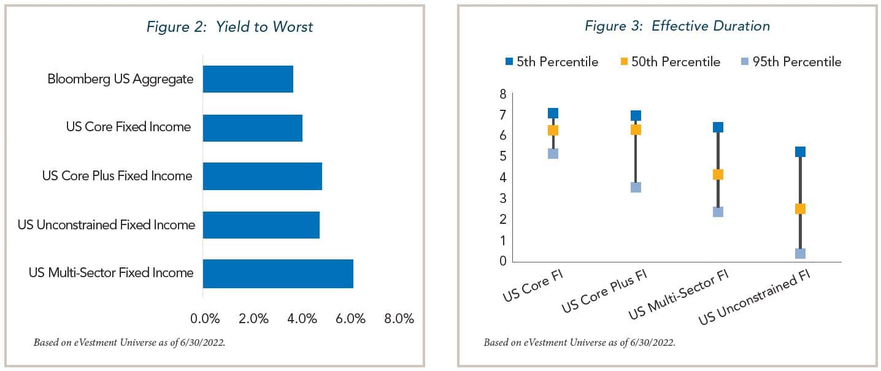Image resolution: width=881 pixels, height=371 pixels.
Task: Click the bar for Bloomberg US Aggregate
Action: pos(248,79)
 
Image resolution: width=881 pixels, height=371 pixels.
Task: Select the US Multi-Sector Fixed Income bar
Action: pos(278,273)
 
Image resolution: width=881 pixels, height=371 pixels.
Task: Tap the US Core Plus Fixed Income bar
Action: pos(262,176)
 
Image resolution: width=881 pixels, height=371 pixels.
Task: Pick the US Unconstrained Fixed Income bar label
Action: pos(106,225)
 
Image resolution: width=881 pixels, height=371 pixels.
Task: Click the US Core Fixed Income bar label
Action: pos(129,127)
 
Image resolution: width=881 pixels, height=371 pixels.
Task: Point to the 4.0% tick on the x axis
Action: pos(302,319)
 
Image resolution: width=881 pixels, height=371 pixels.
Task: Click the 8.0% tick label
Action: pos(399,319)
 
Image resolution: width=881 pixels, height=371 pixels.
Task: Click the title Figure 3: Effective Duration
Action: pos(677,26)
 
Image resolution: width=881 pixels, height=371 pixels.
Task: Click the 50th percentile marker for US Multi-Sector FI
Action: pos(718,174)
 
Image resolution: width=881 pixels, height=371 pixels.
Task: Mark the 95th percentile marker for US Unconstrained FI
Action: pos(800,253)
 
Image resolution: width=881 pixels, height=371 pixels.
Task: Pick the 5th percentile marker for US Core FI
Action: pos(553,113)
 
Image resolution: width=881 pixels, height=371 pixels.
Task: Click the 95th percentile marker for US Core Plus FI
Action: pos(636,187)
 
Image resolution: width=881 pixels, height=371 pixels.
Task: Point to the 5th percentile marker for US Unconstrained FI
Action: pos(800,151)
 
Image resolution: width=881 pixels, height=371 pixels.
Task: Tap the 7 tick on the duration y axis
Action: pos(502,115)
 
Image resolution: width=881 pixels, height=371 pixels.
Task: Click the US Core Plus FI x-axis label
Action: pos(605,289)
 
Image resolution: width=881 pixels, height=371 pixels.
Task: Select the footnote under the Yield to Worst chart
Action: pos(129,342)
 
